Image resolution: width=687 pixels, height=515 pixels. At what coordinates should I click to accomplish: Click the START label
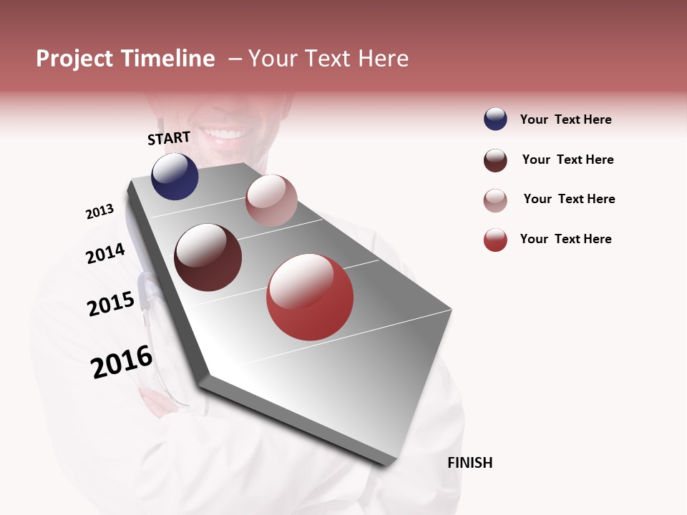(169, 138)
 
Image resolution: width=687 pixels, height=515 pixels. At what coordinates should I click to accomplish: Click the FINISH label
(469, 463)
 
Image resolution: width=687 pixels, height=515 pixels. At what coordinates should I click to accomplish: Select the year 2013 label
(99, 212)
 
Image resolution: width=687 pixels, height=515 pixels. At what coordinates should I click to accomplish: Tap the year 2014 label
(105, 254)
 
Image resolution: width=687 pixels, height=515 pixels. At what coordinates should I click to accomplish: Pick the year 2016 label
(122, 362)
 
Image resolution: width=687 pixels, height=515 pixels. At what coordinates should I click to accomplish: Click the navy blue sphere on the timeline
(175, 176)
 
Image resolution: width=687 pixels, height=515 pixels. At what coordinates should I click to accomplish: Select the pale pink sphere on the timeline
(271, 200)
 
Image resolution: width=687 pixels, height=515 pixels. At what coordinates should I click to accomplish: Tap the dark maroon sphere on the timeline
(208, 257)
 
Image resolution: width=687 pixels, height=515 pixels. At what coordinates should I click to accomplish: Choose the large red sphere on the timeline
(310, 297)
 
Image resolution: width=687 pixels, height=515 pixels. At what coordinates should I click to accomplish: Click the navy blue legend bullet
(495, 119)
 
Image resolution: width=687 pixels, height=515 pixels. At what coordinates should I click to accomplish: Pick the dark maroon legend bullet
(495, 160)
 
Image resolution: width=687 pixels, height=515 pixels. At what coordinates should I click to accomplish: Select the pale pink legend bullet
(495, 200)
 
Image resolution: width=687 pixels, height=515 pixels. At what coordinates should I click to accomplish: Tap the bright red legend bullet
(495, 240)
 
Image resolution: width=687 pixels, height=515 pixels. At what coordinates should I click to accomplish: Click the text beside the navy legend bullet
(565, 120)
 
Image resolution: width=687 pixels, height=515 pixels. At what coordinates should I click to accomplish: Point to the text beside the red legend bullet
(565, 239)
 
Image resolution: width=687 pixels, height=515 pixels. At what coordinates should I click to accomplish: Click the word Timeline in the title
(167, 59)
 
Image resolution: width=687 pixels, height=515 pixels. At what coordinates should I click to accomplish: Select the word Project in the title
(74, 59)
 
